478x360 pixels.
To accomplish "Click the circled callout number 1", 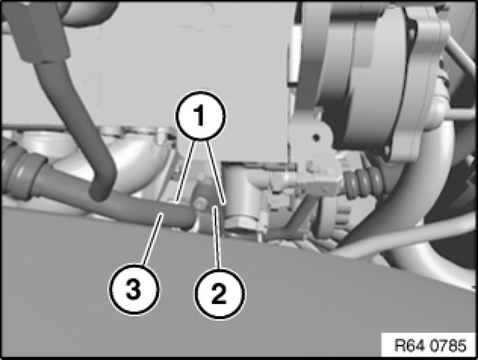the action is coord(200,116).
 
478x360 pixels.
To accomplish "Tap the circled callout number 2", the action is coord(220,293).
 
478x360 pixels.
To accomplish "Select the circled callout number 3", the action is coord(134,289).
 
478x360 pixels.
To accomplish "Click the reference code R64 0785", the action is coord(430,346).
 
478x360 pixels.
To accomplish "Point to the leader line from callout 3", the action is coord(151,239).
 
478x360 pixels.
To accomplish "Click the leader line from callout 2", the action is coord(217,238).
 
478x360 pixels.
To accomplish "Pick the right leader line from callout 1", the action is coord(216,173).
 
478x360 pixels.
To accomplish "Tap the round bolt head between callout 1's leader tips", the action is coord(200,204).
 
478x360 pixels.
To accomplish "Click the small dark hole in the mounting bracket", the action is coord(316,138).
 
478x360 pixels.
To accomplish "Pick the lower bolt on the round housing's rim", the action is coord(387,150).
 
